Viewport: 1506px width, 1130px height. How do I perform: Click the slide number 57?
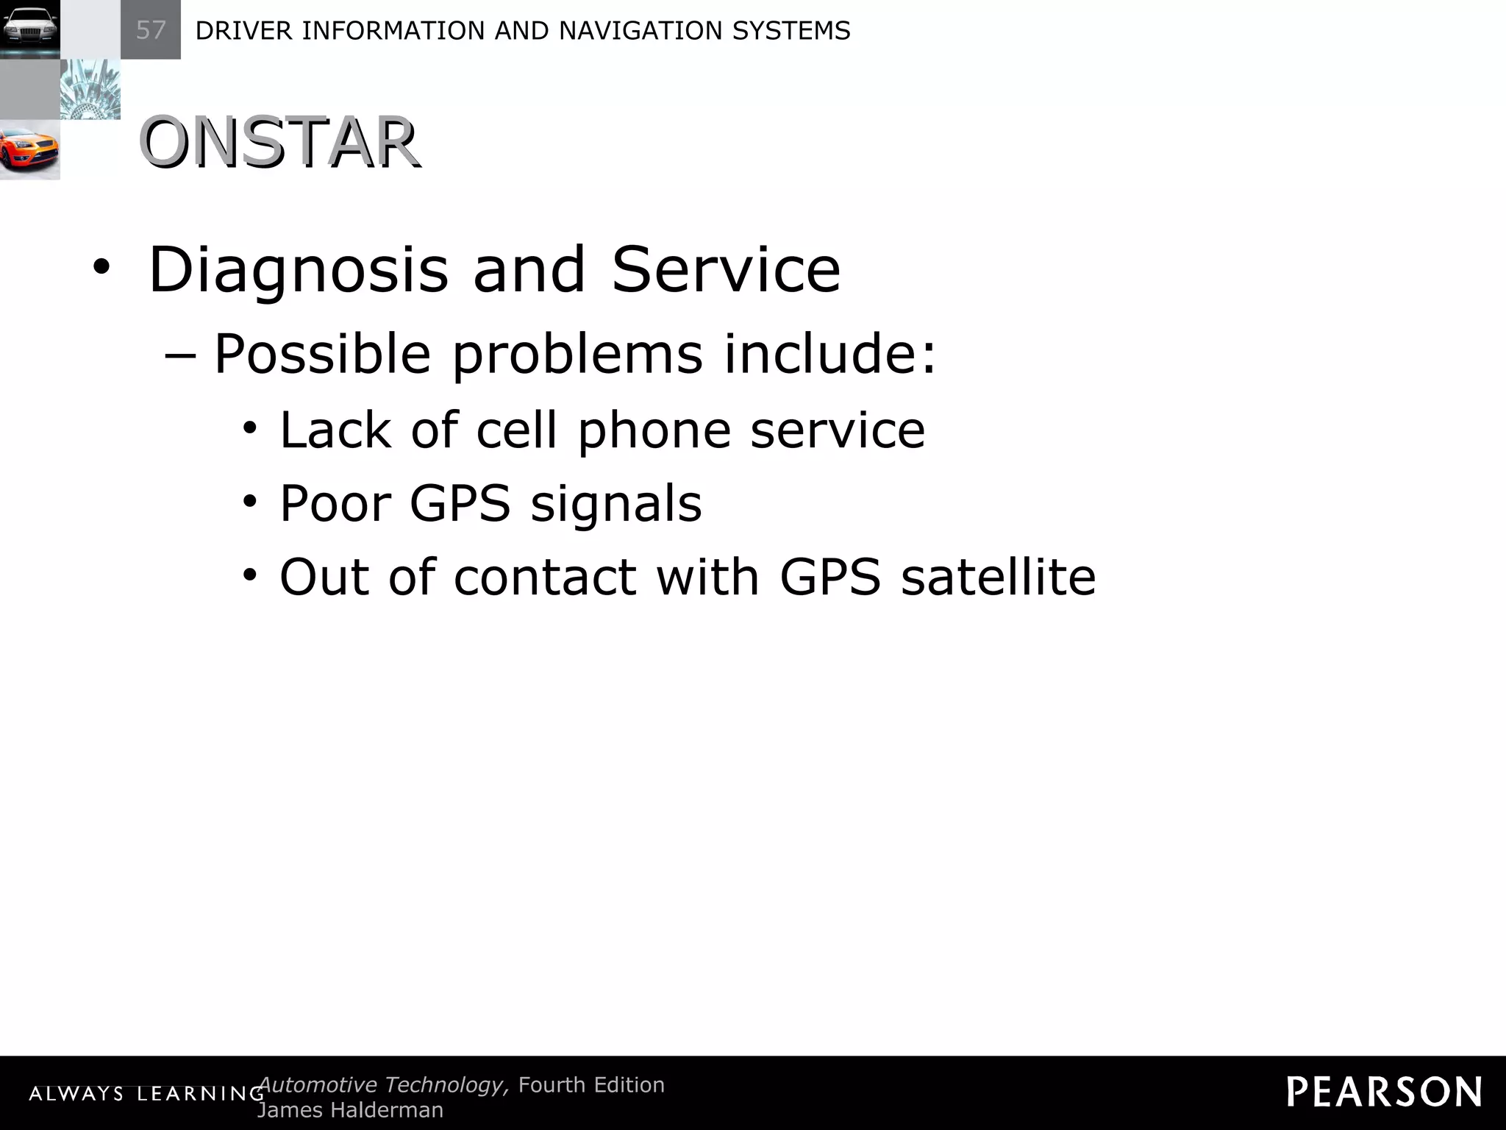pyautogui.click(x=151, y=30)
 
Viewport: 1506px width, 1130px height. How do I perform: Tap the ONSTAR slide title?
pyautogui.click(x=279, y=143)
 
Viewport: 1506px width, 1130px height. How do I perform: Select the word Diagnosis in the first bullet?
pyautogui.click(x=298, y=271)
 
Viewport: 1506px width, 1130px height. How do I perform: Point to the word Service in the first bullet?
pyautogui.click(x=726, y=269)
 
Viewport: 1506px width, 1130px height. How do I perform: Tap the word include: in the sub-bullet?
pyautogui.click(x=830, y=353)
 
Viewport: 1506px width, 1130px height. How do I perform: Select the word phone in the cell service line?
pyautogui.click(x=654, y=431)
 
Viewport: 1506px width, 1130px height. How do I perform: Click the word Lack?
pyautogui.click(x=335, y=430)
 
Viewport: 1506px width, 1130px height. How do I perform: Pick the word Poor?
pyautogui.click(x=335, y=503)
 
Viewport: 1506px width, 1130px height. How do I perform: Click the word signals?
pyautogui.click(x=616, y=505)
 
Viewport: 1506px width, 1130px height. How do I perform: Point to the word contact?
pyautogui.click(x=545, y=577)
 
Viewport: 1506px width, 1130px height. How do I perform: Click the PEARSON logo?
pyautogui.click(x=1384, y=1092)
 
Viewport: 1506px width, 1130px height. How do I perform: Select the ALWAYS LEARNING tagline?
pyautogui.click(x=146, y=1094)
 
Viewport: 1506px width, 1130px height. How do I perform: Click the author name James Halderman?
pyautogui.click(x=350, y=1110)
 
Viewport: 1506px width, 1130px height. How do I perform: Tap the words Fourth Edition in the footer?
pyautogui.click(x=591, y=1084)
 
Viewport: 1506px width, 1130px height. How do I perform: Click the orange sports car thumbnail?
pyautogui.click(x=29, y=150)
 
